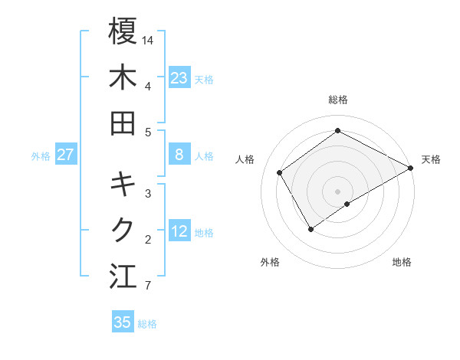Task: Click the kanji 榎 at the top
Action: tap(123, 31)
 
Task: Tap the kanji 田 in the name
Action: tap(123, 123)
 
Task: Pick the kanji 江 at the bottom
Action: tap(123, 277)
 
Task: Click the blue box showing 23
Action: tap(179, 78)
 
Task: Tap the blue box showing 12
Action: tap(179, 232)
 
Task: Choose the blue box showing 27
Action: tap(66, 155)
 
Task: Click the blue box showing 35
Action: tap(123, 322)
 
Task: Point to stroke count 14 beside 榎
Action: tap(148, 39)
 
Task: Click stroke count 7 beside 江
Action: tap(147, 286)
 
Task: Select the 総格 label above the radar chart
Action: tap(337, 100)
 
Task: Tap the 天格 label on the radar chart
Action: tap(431, 159)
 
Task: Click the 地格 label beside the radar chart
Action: tap(402, 263)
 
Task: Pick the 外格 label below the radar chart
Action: tap(270, 263)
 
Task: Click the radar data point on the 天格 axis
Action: tap(411, 168)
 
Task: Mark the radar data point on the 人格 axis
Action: tap(280, 172)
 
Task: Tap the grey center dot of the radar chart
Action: tap(337, 191)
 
